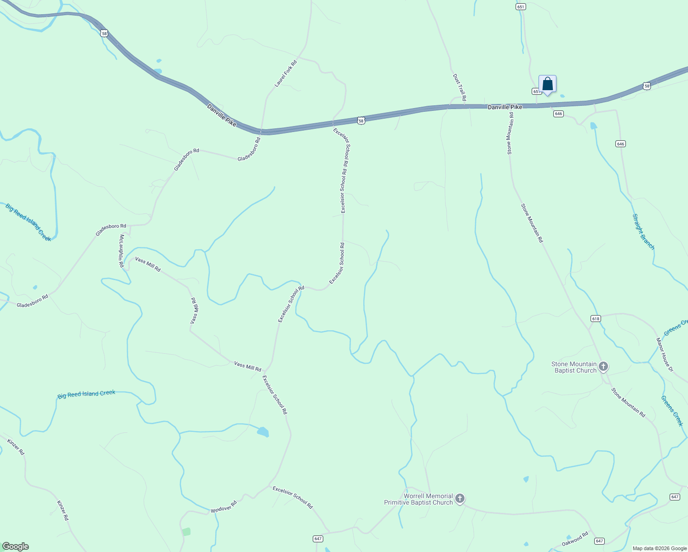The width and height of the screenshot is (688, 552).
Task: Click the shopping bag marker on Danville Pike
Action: pos(547,85)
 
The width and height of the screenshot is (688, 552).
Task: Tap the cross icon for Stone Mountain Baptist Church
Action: pos(603,367)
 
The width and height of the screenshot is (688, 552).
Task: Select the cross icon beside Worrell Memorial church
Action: pos(459,499)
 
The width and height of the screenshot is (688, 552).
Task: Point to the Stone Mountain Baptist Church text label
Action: pos(574,367)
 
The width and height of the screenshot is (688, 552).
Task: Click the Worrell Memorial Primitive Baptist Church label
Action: pos(419,499)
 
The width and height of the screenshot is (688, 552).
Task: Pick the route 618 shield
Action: pos(596,319)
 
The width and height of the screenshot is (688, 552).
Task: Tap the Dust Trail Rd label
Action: pos(459,87)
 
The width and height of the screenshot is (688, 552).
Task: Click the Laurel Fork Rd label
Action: pos(286,74)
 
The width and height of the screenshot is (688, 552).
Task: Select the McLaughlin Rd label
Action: pos(121,251)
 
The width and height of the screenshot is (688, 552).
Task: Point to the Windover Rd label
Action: pos(224,507)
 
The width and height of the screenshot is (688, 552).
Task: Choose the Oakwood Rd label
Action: pos(575,540)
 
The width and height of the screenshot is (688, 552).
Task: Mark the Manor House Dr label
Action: pos(664,355)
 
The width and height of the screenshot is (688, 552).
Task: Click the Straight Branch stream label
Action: pos(643,232)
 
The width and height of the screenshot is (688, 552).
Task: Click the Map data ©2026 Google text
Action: pos(659,548)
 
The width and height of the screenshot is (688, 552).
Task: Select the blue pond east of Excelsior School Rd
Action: pos(263,432)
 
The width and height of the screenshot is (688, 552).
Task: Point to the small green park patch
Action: pos(186,532)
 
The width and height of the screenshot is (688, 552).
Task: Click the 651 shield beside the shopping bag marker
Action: pos(536,92)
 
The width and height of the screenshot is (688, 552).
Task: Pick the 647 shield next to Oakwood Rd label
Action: pos(599,541)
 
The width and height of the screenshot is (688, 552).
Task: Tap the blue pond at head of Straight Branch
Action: pos(593,126)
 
